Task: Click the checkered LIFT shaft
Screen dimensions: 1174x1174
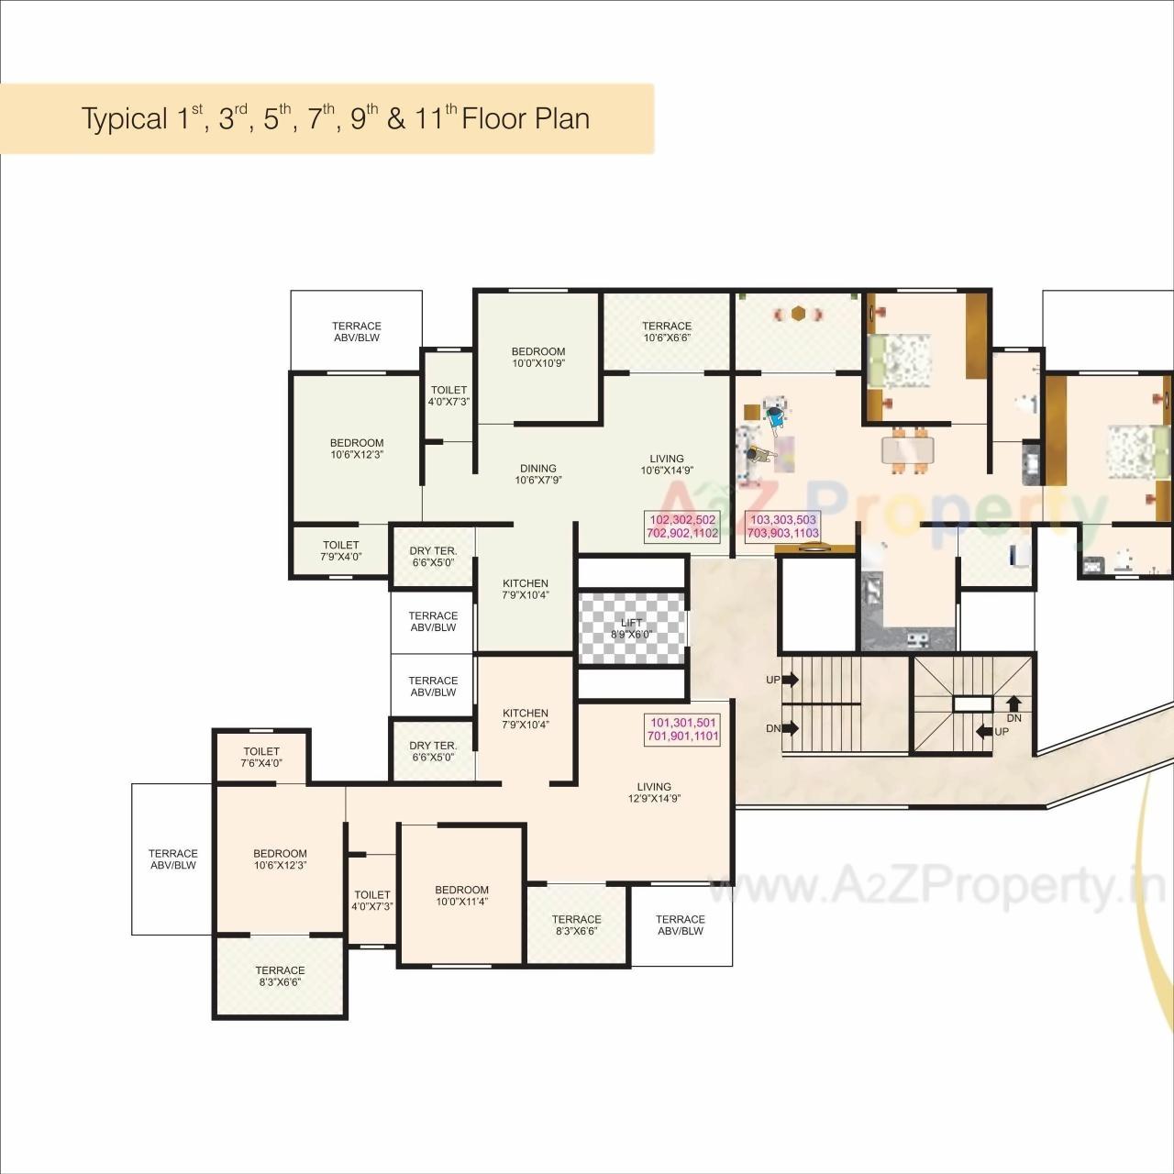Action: tap(632, 628)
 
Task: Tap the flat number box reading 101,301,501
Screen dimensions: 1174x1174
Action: tap(682, 729)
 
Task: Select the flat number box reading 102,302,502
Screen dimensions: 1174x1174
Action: tap(682, 526)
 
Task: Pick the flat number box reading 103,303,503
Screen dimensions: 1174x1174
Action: tap(782, 526)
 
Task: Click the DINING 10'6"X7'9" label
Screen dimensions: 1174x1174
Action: tap(538, 474)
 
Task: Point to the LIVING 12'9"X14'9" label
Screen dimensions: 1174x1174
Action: tap(654, 792)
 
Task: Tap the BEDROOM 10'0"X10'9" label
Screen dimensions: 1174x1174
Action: tap(538, 357)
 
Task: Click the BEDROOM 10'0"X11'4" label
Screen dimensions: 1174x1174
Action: tap(461, 895)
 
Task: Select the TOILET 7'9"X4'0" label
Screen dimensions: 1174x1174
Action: tap(340, 550)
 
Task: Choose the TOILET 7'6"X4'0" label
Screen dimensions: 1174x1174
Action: tap(261, 757)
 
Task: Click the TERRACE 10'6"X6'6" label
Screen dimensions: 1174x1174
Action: tap(667, 331)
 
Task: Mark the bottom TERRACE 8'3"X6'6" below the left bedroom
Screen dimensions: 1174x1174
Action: tap(280, 976)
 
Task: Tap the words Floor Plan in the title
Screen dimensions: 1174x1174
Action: tap(526, 119)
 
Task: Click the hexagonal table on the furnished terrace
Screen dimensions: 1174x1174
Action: tap(799, 314)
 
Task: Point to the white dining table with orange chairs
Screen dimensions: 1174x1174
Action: tap(908, 450)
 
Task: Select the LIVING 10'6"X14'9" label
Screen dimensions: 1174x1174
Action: tap(667, 465)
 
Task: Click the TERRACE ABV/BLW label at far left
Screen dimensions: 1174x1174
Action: tap(173, 859)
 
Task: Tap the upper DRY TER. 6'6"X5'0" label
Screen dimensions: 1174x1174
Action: tap(433, 557)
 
